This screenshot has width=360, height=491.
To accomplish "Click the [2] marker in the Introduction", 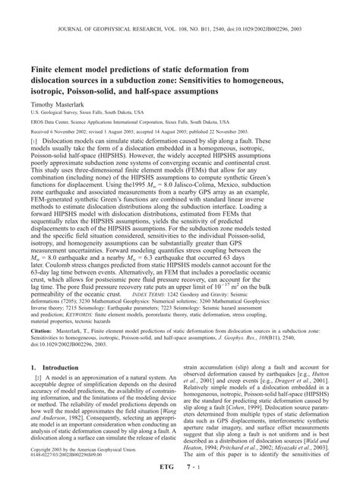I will coord(35,377).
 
